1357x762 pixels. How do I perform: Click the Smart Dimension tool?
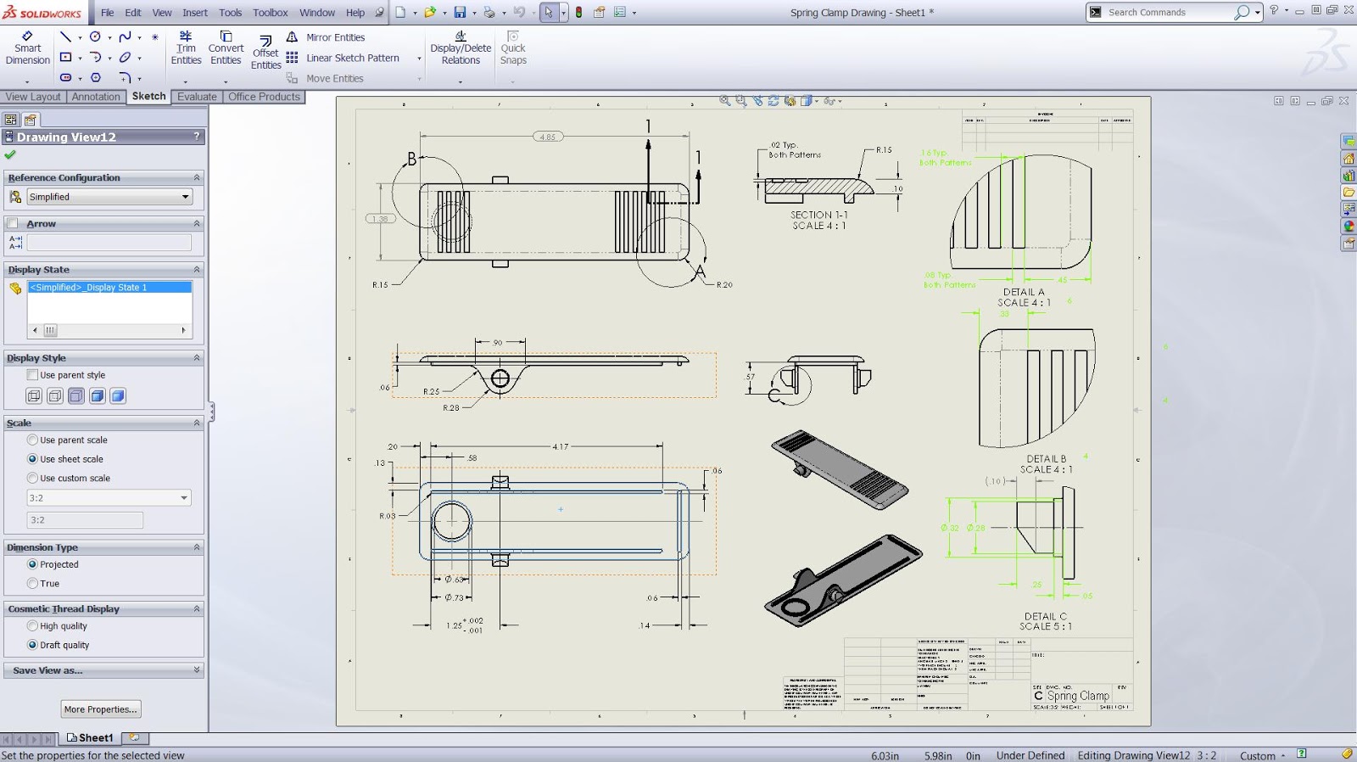tap(27, 48)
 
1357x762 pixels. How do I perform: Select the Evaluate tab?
tap(197, 97)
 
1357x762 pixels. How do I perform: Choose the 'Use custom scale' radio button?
tap(33, 479)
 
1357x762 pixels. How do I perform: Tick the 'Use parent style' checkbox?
tap(33, 375)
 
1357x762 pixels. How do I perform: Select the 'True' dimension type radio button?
tap(33, 584)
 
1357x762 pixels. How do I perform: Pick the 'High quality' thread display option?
tap(33, 626)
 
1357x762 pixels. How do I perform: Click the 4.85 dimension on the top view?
tap(548, 137)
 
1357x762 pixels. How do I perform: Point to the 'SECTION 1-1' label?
tap(818, 216)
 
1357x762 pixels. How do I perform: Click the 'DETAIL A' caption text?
tap(1024, 292)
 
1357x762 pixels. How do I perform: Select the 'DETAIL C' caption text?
tap(1045, 617)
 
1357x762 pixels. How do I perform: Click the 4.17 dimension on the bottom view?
tap(561, 446)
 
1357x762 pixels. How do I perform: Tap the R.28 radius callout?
tap(450, 408)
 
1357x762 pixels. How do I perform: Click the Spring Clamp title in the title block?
tap(1077, 696)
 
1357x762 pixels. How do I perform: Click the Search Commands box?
tap(1169, 13)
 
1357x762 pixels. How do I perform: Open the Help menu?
tap(355, 13)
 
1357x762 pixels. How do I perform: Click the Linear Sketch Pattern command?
tap(352, 59)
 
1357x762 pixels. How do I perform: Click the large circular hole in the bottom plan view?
tap(451, 521)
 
